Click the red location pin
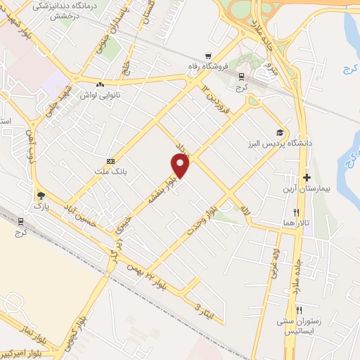pyautogui.click(x=181, y=166)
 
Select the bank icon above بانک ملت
pyautogui.click(x=109, y=161)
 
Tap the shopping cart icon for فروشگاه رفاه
pyautogui.click(x=207, y=56)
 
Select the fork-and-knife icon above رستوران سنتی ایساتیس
pyautogui.click(x=298, y=310)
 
